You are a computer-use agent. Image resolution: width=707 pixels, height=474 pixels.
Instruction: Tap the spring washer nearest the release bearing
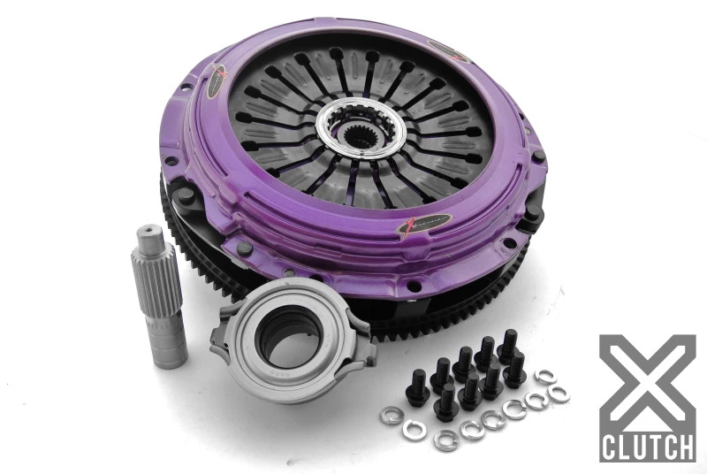(391, 415)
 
